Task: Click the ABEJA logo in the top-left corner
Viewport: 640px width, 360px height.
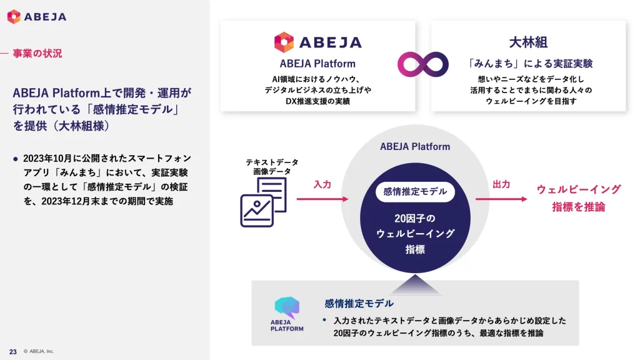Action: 36,17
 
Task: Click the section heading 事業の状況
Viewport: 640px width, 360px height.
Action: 37,54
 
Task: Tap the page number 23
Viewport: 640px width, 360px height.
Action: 12,351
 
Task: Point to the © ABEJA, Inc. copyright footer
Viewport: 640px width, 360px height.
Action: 39,351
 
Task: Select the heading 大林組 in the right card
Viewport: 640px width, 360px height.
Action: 528,42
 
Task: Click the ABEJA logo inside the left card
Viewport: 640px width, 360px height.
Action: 317,42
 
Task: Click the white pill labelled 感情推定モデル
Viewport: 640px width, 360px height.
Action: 415,192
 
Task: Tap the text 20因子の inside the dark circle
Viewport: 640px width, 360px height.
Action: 415,218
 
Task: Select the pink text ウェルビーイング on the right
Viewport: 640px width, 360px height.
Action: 579,189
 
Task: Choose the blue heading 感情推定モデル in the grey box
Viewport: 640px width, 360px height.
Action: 359,303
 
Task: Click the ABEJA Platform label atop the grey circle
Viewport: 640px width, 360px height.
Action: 415,146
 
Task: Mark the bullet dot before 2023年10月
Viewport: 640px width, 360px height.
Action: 16,158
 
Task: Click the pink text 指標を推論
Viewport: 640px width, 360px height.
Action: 579,207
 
